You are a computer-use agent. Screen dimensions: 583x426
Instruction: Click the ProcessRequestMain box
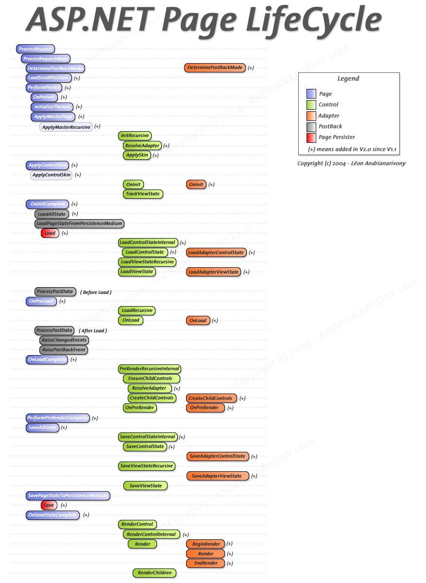46,59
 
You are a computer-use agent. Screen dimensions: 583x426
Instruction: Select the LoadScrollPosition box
49,78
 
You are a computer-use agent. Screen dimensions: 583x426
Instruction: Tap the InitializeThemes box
52,107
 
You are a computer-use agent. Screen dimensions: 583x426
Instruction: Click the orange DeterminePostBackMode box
215,68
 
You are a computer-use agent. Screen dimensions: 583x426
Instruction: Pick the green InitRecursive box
135,136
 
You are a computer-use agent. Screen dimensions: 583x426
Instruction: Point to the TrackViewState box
143,194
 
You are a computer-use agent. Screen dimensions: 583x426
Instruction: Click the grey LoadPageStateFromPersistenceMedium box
79,223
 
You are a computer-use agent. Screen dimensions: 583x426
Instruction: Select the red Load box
50,233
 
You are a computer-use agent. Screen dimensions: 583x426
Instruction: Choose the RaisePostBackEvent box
65,350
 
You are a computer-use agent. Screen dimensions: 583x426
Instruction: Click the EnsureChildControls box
151,378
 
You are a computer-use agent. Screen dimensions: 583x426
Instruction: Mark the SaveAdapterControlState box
218,457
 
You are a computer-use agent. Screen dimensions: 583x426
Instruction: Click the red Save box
49,505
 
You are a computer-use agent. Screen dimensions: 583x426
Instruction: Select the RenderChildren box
154,573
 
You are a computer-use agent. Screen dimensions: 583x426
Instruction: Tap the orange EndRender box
205,563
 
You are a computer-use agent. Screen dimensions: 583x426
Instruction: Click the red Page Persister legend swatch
311,137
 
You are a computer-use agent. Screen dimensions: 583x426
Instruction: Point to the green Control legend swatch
311,105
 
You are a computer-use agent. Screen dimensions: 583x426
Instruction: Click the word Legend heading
348,79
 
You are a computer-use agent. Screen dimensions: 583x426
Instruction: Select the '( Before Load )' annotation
96,292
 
